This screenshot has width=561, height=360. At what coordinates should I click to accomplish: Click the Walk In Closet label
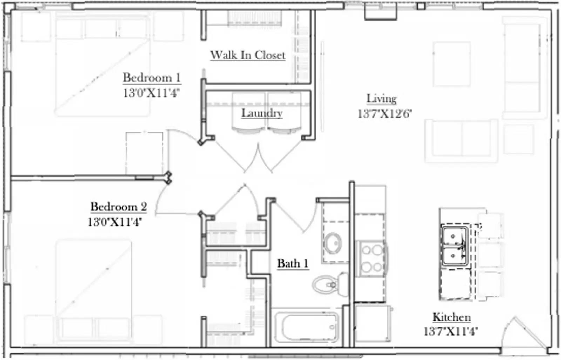click(x=248, y=55)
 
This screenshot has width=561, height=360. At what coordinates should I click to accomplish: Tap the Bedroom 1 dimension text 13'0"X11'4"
click(x=151, y=93)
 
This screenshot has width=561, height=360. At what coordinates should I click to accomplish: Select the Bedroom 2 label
click(x=119, y=206)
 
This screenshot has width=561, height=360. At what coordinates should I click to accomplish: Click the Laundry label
click(x=262, y=113)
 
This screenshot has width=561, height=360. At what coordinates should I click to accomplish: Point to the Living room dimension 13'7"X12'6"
click(x=384, y=114)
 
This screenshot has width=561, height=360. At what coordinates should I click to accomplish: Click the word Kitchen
click(x=451, y=317)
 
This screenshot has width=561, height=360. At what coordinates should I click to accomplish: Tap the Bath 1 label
click(x=292, y=263)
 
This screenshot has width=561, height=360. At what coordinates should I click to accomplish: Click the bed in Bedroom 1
click(x=102, y=67)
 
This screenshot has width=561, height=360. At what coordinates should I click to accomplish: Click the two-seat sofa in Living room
click(x=461, y=140)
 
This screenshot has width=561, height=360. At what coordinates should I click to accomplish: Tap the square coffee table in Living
click(x=451, y=64)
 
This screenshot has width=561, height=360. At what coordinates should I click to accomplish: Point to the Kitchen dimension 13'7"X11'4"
click(x=451, y=331)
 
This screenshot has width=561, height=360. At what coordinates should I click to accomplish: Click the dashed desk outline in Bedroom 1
click(x=144, y=153)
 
